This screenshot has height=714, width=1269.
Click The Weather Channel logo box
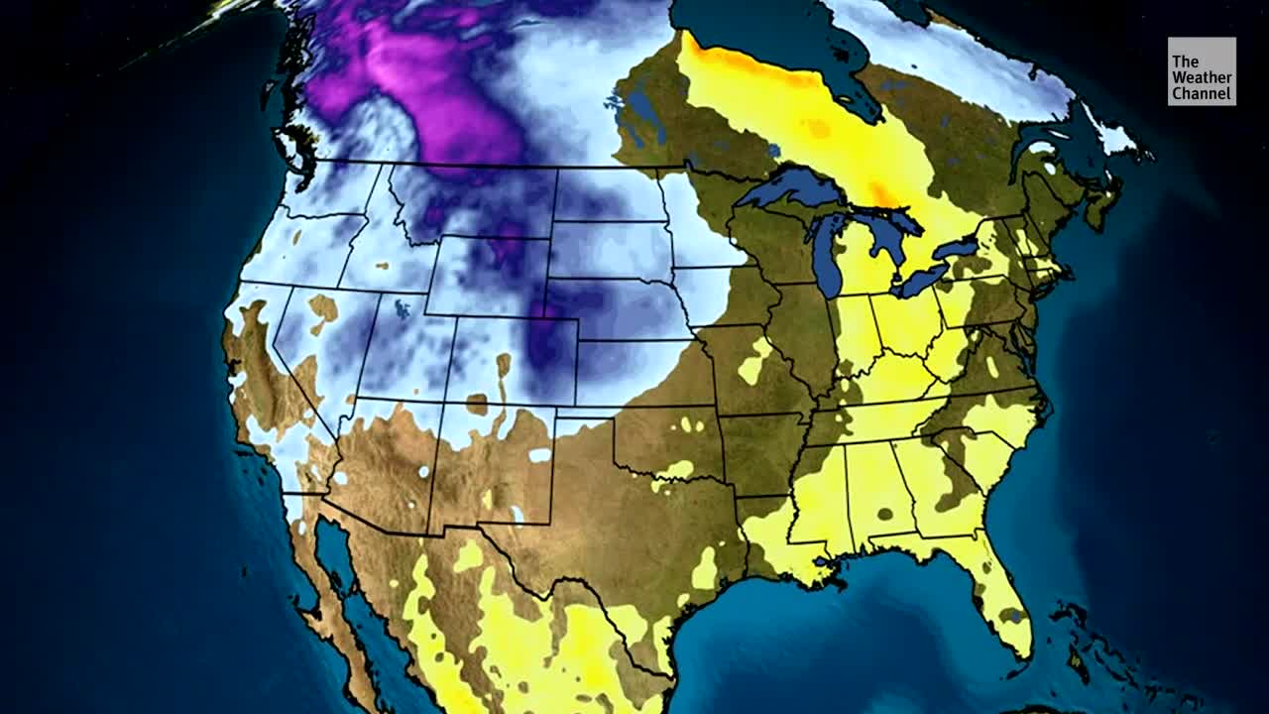click(1202, 71)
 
